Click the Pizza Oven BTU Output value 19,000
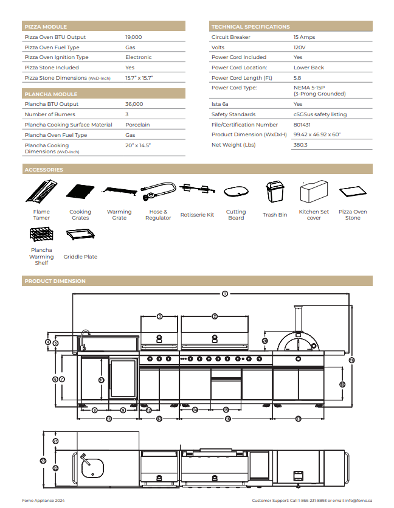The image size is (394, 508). (x=134, y=37)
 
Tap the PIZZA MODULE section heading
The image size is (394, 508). (x=46, y=27)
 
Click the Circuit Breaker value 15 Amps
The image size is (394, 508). (x=304, y=37)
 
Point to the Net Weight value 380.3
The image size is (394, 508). (x=300, y=145)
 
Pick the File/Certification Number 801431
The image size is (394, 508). (x=303, y=125)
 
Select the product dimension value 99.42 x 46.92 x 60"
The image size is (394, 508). (x=317, y=134)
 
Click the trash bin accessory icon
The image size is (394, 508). (x=274, y=192)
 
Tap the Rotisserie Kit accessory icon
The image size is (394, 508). (x=197, y=191)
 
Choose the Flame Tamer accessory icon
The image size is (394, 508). (x=42, y=192)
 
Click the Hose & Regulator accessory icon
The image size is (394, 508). (x=157, y=191)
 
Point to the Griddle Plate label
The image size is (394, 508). (x=80, y=257)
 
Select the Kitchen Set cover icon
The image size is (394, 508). (x=314, y=193)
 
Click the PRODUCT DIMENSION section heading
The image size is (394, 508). (x=55, y=281)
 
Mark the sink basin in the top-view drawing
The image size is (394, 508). (x=92, y=467)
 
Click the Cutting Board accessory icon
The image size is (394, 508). (x=236, y=192)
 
